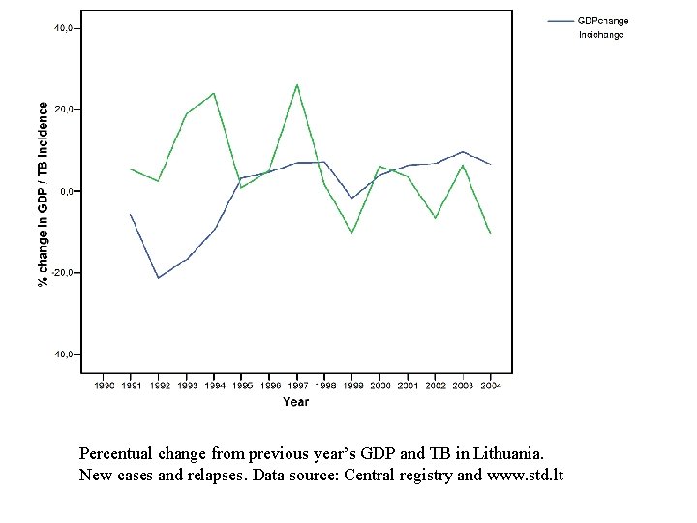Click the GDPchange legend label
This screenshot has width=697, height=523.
point(603,20)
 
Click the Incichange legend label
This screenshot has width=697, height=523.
point(601,35)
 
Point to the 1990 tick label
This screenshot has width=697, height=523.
point(104,385)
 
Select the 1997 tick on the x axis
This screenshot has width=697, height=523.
point(296,385)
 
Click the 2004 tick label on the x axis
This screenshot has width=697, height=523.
point(490,385)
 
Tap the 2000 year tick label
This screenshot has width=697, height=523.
point(379,385)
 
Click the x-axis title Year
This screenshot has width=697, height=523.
point(296,401)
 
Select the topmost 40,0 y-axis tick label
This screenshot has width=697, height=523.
point(64,28)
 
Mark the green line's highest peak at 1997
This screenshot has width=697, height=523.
point(296,85)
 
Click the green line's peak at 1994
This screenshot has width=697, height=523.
point(214,93)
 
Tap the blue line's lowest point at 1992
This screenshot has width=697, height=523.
point(159,278)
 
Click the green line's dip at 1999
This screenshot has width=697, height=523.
point(352,232)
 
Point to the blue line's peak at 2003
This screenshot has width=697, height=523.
point(464,152)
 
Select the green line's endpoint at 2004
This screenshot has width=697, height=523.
point(491,233)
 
